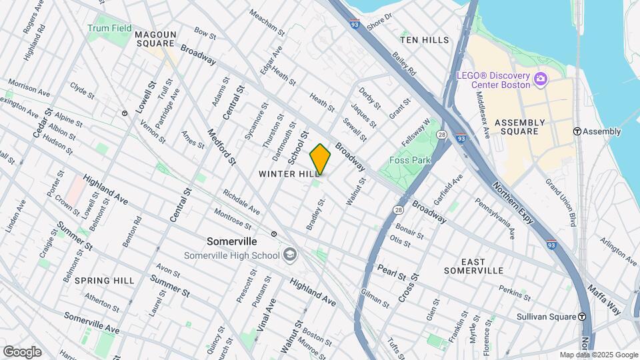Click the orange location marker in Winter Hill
click(x=321, y=159)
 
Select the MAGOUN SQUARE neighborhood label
click(x=155, y=39)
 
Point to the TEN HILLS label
click(x=425, y=40)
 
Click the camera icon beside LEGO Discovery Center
click(x=541, y=79)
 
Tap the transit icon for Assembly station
click(x=578, y=131)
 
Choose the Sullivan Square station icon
click(x=582, y=317)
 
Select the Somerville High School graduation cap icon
click(x=290, y=254)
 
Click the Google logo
click(x=22, y=351)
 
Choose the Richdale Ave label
click(x=241, y=201)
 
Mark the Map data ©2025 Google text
click(x=598, y=355)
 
